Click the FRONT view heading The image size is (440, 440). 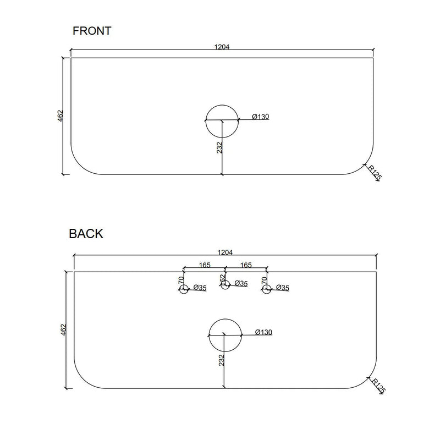92,31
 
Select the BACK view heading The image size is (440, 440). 86,234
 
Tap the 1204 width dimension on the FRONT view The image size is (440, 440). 222,47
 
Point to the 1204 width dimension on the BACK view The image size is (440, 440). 225,252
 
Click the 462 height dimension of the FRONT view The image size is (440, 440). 61,116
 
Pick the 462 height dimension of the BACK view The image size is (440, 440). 64,329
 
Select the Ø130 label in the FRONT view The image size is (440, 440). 261,117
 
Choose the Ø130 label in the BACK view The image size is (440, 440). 264,332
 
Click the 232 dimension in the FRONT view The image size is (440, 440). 219,148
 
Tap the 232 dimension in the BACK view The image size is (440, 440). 222,360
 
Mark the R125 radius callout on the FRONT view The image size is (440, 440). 375,173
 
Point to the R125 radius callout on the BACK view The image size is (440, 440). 378,386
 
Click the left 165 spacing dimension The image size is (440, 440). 205,265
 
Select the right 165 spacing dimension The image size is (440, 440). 246,265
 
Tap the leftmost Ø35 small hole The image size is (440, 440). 184,289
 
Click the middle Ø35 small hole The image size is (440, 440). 225,285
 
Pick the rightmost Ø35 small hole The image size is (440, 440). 266,289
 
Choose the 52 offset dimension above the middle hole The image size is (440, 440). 223,278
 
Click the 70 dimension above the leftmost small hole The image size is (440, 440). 182,280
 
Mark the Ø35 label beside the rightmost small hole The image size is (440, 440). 283,288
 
